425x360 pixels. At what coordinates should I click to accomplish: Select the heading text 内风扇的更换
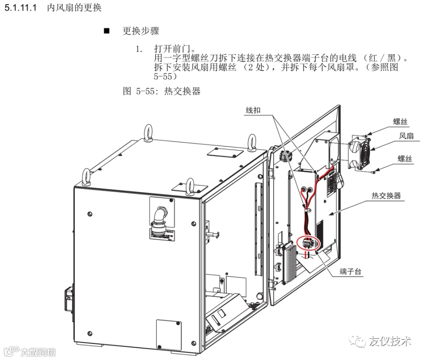tap(74, 8)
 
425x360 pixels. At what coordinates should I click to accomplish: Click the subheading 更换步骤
tap(141, 31)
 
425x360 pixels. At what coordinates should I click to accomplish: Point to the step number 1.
tap(139, 49)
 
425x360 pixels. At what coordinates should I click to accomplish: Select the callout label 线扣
tap(253, 110)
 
